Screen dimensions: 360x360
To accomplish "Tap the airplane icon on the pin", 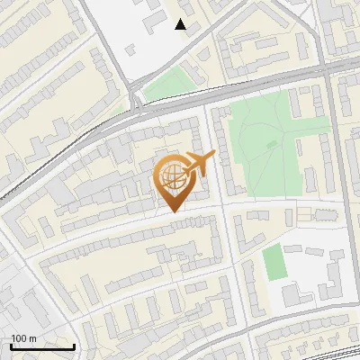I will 200,164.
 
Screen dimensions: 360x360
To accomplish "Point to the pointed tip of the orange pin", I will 173,211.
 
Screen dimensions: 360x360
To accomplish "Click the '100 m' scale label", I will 23,338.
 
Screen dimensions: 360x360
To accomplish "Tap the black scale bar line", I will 42,346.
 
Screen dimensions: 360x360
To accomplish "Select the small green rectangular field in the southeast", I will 274,261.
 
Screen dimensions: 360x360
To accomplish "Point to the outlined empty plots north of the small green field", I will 315,214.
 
